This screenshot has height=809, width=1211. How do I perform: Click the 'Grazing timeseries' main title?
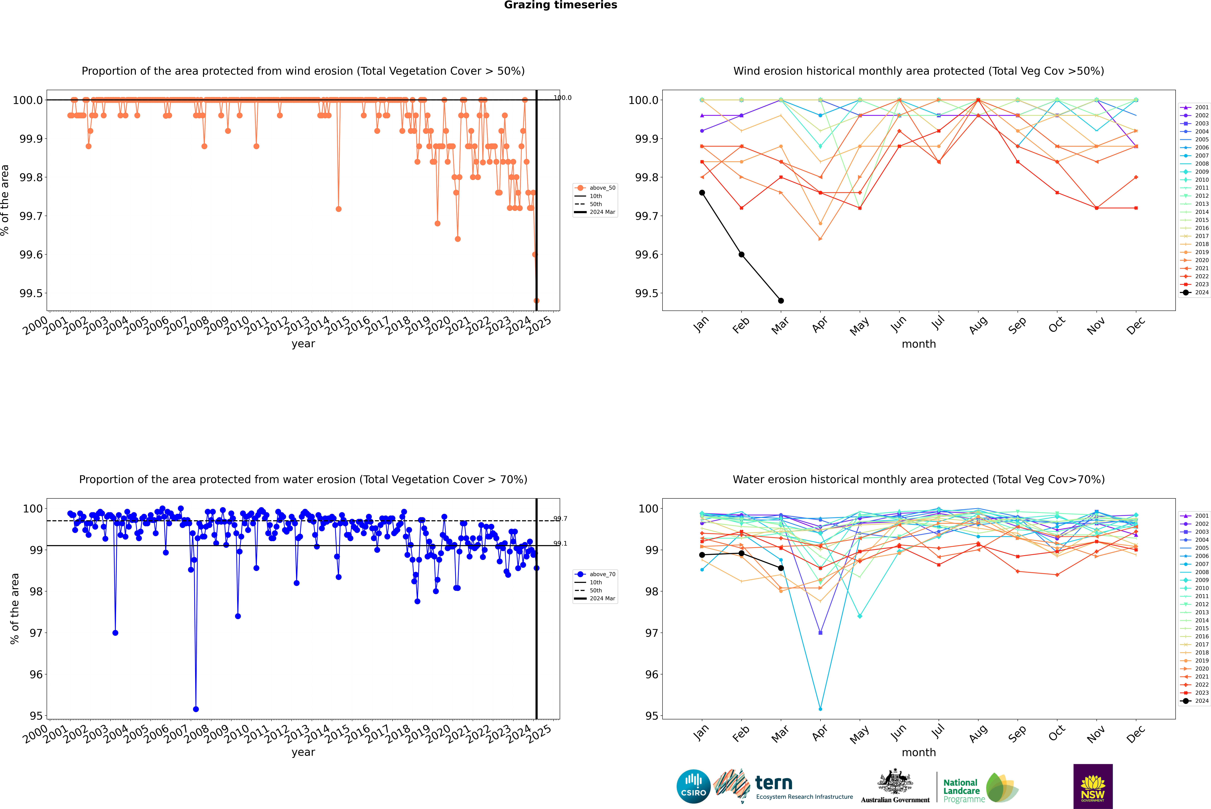(561, 5)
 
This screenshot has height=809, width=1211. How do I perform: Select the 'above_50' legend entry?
(595, 188)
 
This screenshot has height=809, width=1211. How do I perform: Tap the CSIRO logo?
(693, 786)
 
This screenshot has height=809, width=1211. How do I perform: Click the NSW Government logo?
(1093, 786)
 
